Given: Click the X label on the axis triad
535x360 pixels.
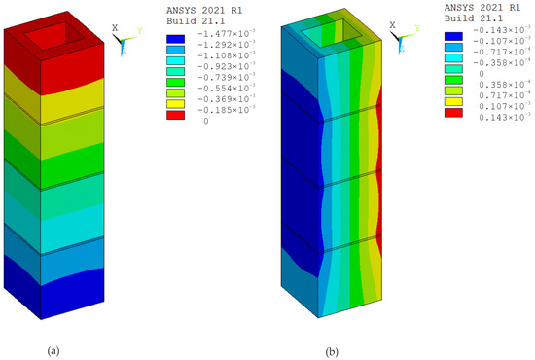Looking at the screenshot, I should [x=114, y=29].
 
